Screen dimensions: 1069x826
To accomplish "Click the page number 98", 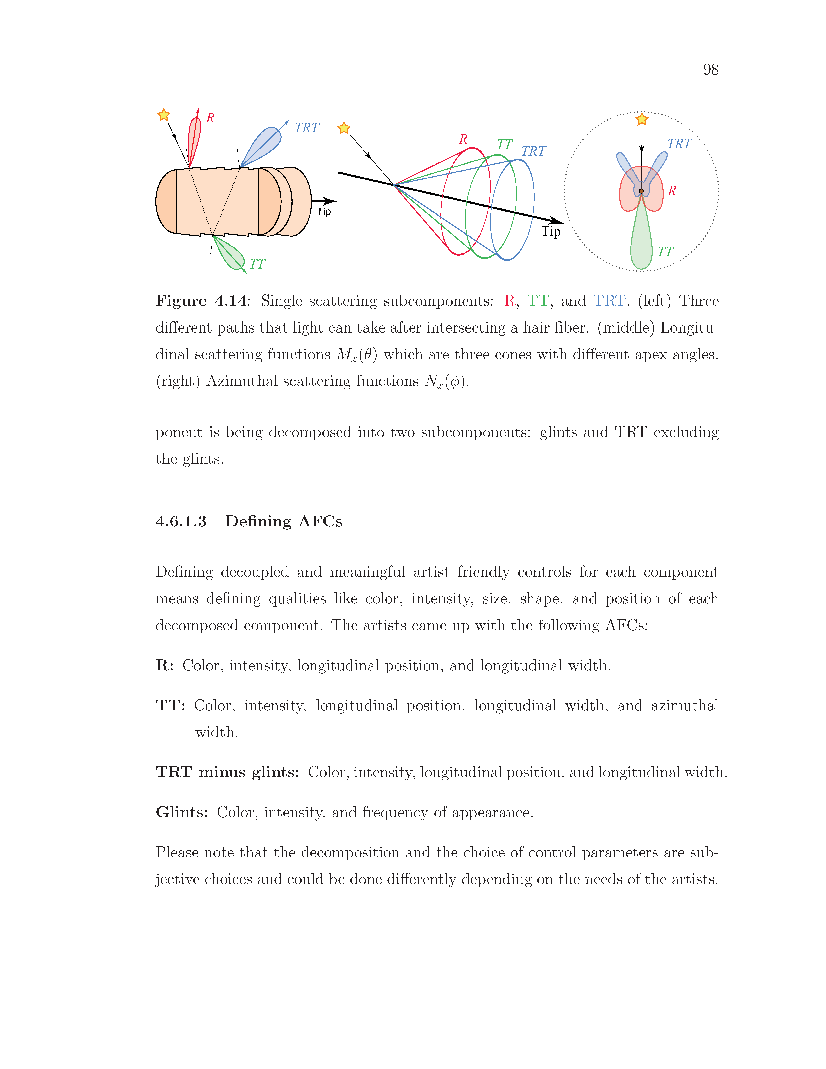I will tap(711, 70).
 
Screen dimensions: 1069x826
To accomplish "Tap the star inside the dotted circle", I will tap(642, 119).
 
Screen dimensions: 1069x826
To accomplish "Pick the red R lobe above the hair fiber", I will tap(195, 137).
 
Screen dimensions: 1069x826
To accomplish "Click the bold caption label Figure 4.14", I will tap(201, 300).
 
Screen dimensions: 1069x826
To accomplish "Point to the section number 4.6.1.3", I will tap(181, 521).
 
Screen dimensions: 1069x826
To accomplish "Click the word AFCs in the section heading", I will tap(320, 521).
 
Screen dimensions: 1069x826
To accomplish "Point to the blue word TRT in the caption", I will tap(609, 300).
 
